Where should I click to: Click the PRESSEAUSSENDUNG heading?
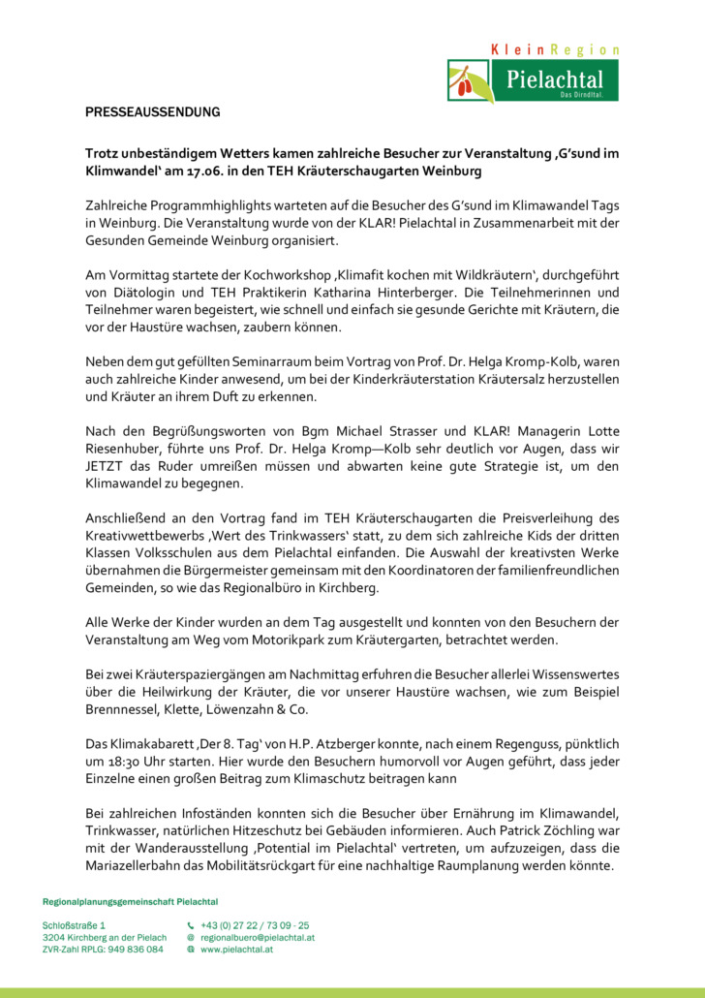point(153,112)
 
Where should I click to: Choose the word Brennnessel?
point(123,709)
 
